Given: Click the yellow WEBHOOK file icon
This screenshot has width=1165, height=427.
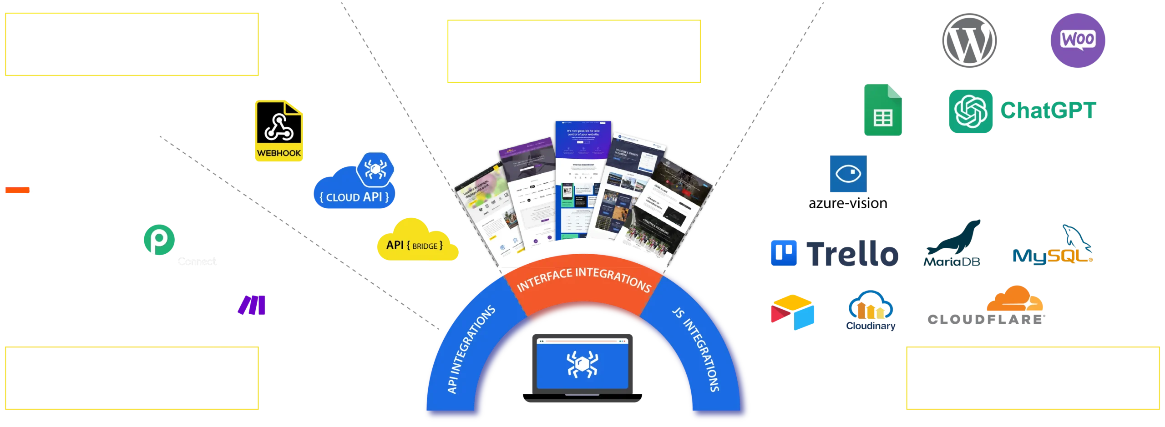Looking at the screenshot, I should [279, 131].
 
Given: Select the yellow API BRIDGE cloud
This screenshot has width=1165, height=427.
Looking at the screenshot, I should [416, 241].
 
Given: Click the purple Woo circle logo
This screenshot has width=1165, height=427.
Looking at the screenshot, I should [1077, 40].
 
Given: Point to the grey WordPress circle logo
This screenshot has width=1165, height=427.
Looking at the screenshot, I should [968, 40].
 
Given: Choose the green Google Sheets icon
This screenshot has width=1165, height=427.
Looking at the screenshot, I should [882, 111].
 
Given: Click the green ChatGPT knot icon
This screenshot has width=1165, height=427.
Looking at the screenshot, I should [970, 111].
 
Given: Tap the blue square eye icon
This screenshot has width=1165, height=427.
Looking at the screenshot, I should [849, 173].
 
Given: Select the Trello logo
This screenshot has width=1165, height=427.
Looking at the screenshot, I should [834, 253].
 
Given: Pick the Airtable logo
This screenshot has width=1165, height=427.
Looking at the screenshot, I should [792, 311].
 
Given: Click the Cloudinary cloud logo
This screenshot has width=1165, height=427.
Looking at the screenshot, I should [871, 309].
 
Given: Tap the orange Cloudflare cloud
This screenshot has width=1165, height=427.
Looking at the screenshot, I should [1015, 300].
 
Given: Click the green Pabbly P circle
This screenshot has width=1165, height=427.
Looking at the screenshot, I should [158, 239].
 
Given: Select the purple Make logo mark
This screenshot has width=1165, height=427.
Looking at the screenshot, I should [251, 306].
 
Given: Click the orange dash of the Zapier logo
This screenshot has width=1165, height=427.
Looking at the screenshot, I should [17, 190].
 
